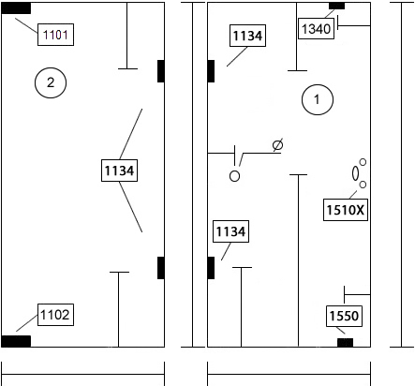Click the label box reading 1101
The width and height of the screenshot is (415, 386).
55,35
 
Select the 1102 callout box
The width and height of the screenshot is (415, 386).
55,315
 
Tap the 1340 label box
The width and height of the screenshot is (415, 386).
316,28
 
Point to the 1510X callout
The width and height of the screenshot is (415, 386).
346,210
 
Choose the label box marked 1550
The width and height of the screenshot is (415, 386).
344,316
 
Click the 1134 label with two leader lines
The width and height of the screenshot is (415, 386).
119,171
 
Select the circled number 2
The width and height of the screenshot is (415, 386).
51,82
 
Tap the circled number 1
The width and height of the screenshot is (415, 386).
318,99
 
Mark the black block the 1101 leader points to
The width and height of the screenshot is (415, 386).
16,8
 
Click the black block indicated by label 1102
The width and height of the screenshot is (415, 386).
16,341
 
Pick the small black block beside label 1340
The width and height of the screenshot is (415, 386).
337,6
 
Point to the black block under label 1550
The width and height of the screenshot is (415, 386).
346,343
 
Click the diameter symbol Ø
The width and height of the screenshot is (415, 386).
277,145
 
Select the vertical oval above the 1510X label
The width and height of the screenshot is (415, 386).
355,173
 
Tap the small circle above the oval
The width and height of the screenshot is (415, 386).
363,162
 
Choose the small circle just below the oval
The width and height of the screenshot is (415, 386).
363,185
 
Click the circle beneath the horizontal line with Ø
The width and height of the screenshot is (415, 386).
234,176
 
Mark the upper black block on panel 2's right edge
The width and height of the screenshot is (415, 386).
161,71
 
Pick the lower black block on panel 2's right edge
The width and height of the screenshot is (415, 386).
161,268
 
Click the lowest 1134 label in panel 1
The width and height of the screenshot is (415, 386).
230,231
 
